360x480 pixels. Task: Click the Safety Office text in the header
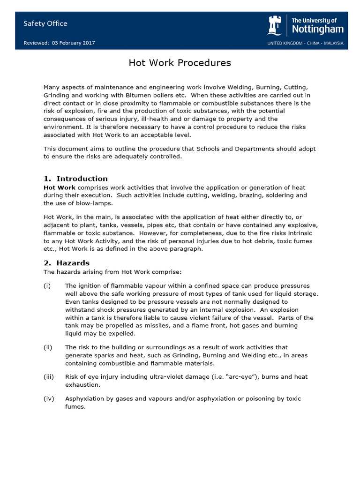pos(45,23)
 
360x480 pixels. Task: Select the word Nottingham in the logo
pos(317,29)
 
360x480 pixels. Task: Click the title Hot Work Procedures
pos(180,63)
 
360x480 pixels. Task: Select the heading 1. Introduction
pos(75,179)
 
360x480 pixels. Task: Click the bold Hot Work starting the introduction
pos(60,187)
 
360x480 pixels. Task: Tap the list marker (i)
pos(47,286)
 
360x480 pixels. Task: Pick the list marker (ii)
pos(48,347)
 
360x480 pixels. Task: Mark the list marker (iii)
pos(49,377)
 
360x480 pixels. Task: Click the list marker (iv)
pos(49,399)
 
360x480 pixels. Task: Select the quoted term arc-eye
pos(246,377)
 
